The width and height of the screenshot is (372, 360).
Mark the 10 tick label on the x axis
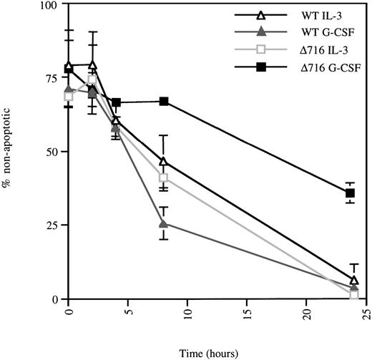coord(187,312)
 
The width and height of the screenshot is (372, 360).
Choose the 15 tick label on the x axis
coord(247,312)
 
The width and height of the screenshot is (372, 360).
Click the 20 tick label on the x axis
coord(306,312)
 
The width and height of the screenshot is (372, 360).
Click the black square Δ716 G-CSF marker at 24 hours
coord(351,193)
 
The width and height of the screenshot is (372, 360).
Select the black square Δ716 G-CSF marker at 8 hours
coord(164,102)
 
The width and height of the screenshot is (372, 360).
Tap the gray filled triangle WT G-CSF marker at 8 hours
coord(164,223)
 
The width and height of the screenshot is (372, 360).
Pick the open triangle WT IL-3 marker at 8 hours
coord(164,162)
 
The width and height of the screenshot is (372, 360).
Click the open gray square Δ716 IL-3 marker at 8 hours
coord(164,177)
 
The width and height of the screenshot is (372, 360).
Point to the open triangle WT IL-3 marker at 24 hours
coord(353,280)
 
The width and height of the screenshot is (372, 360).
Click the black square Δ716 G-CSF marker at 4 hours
coord(116,103)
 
